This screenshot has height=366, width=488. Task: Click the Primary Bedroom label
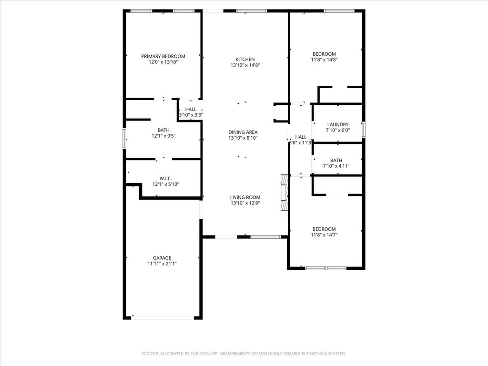pos(163,56)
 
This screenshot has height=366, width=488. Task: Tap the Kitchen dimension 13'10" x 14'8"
pos(245,65)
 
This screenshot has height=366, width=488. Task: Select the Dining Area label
pos(243,132)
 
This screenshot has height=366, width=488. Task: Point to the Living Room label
pos(245,197)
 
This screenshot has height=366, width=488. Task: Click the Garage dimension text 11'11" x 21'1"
pos(162,264)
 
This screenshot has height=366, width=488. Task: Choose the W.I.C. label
pos(165,178)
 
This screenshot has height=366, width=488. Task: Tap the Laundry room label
pos(338,124)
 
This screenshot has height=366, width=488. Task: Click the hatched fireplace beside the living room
pos(285,193)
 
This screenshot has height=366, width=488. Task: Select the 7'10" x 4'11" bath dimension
pos(336,166)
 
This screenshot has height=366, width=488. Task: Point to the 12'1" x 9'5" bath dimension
pos(164,136)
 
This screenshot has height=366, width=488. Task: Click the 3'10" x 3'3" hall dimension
pos(191,115)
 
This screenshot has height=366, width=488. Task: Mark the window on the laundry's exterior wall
pos(363,130)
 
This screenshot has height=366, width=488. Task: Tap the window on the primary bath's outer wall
pos(124,139)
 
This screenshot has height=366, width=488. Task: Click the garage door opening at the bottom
pos(163,317)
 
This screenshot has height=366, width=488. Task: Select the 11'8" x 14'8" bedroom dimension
pos(324,60)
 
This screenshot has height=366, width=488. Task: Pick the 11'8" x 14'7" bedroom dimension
pos(324,235)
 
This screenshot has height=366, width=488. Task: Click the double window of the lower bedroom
pos(325,268)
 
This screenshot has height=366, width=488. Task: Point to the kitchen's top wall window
pos(252,11)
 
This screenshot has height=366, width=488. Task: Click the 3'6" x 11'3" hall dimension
pos(300,143)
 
